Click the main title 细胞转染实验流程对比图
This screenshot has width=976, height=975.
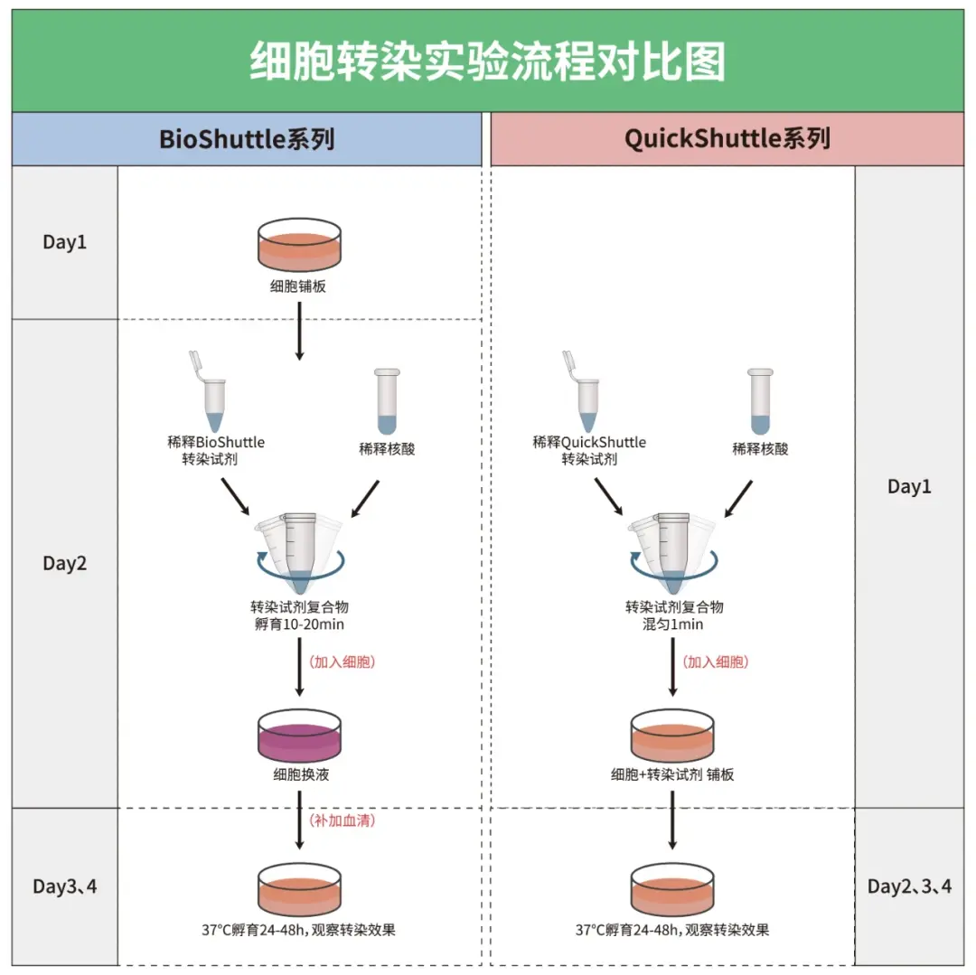pyautogui.click(x=487, y=62)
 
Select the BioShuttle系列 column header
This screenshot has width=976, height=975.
pyautogui.click(x=247, y=139)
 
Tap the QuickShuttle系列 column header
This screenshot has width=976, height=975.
pyautogui.click(x=727, y=139)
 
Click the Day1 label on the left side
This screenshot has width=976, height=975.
pyautogui.click(x=65, y=242)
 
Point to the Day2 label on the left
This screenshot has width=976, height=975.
pyautogui.click(x=65, y=563)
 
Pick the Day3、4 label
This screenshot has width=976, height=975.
pyautogui.click(x=65, y=886)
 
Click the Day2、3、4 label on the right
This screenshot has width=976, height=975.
pyautogui.click(x=909, y=886)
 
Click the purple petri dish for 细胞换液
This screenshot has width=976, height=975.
pyautogui.click(x=300, y=734)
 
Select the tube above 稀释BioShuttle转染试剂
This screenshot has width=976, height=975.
pyautogui.click(x=211, y=392)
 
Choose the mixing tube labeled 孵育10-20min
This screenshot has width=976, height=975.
pyautogui.click(x=298, y=551)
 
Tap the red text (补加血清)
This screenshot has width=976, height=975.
pyautogui.click(x=343, y=820)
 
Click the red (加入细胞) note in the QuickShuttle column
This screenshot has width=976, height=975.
pyautogui.click(x=716, y=661)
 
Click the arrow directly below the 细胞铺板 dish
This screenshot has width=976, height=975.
pyautogui.click(x=300, y=332)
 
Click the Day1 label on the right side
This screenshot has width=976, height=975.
pyautogui.click(x=909, y=487)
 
